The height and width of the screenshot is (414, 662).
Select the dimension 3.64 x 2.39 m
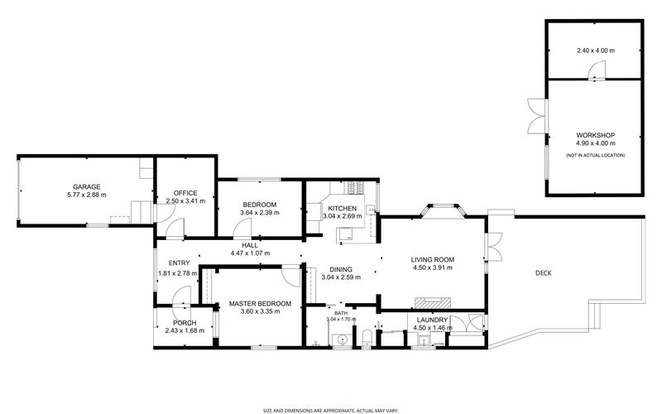coord(260,213)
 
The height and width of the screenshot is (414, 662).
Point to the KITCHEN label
coord(342,209)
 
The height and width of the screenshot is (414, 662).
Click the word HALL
coord(249,245)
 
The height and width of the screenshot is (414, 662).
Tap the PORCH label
coord(184,322)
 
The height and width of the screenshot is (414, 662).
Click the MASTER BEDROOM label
coord(260,304)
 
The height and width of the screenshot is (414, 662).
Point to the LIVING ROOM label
coord(434,259)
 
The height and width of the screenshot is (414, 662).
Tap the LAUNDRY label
coord(432,320)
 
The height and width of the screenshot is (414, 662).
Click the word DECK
coord(544,273)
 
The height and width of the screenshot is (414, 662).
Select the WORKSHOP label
coord(595,135)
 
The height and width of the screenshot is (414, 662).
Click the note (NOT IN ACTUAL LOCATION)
coord(595,155)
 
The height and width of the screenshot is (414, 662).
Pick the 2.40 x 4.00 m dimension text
coord(595,51)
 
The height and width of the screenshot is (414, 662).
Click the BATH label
coord(341,313)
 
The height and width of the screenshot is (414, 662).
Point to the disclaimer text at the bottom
coord(331,409)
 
